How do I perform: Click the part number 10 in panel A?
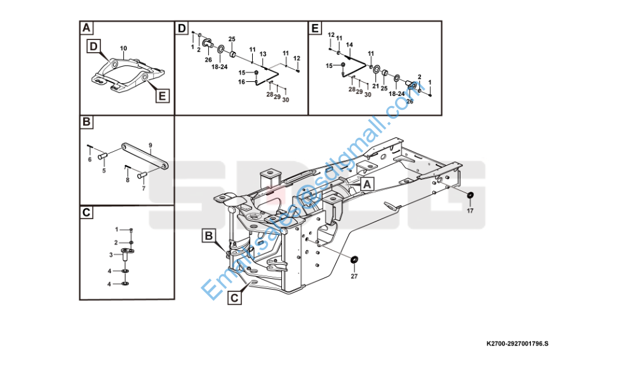pyautogui.click(x=123, y=48)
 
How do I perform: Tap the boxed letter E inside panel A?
pyautogui.click(x=162, y=95)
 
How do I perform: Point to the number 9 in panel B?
pyautogui.click(x=151, y=145)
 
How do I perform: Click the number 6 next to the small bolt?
pyautogui.click(x=90, y=160)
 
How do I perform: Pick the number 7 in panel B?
pyautogui.click(x=144, y=189)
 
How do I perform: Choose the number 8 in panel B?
pyautogui.click(x=127, y=180)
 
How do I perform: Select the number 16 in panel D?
pyautogui.click(x=242, y=82)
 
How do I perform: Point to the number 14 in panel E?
pyautogui.click(x=349, y=44)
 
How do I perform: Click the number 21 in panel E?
pyautogui.click(x=375, y=86)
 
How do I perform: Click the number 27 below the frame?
pyautogui.click(x=354, y=276)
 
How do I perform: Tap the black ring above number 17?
pyautogui.click(x=471, y=195)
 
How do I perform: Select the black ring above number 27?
pyautogui.click(x=354, y=259)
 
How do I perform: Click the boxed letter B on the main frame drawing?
pyautogui.click(x=209, y=236)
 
